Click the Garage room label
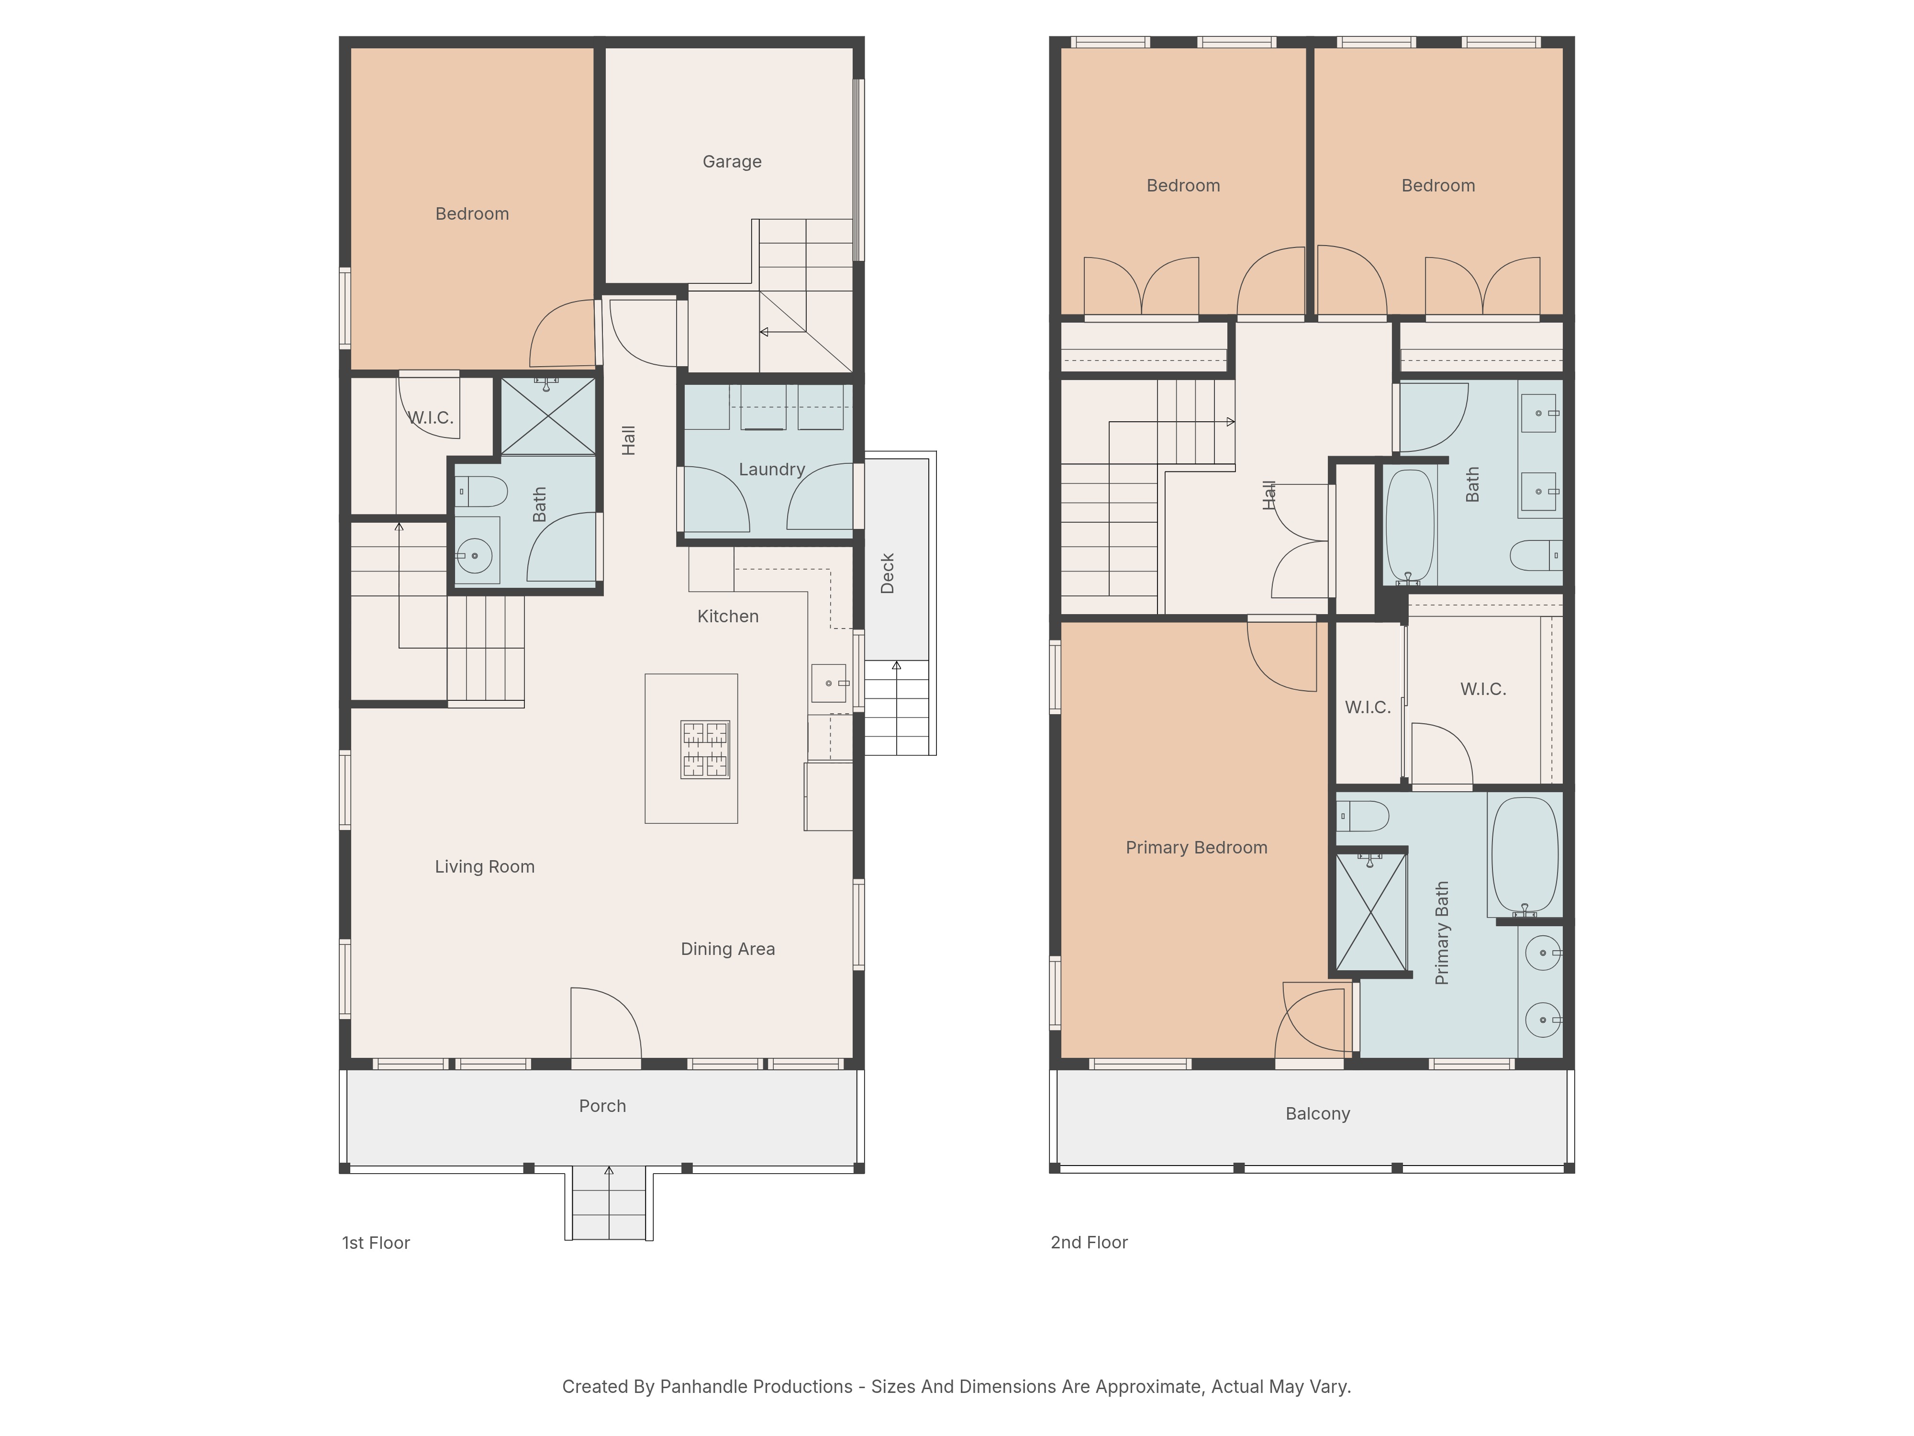(x=732, y=162)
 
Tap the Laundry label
(x=772, y=469)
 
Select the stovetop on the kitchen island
(x=705, y=750)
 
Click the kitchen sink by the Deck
(x=829, y=683)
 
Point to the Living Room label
(x=485, y=866)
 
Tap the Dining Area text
(x=728, y=949)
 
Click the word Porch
(x=602, y=1105)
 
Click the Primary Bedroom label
(x=1197, y=847)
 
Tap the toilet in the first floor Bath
(x=480, y=492)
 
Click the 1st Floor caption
(x=376, y=1243)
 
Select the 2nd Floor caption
(x=1090, y=1242)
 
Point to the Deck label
(x=887, y=573)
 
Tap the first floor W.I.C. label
(x=430, y=417)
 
